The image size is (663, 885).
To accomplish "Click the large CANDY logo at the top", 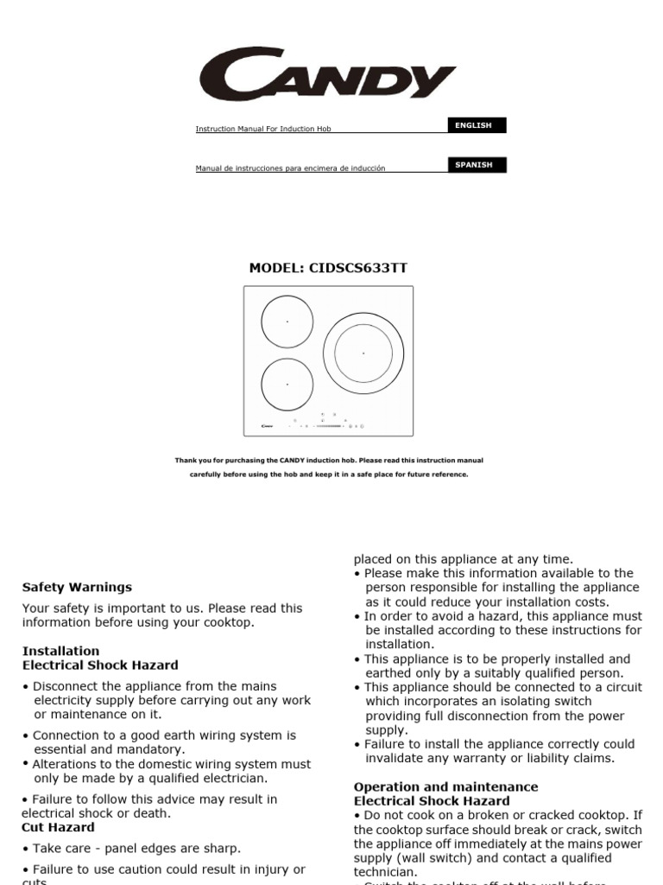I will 327,75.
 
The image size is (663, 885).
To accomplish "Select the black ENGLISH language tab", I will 473,125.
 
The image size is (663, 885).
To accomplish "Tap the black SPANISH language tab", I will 473,165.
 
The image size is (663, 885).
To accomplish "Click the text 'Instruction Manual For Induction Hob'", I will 263,130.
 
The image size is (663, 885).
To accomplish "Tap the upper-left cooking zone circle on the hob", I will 287,321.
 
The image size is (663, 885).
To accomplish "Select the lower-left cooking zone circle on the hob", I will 287,384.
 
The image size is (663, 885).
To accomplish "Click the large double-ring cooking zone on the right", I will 363,353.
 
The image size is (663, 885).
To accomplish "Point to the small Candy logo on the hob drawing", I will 267,425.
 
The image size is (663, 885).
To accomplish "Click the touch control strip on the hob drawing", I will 335,425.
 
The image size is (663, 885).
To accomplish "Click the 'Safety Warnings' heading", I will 77,587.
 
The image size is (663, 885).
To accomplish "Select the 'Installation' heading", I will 60,651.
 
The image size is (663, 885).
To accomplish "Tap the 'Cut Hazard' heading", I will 59,827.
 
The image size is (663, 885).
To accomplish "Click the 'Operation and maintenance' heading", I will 445,786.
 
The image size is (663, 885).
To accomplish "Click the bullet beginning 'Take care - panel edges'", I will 136,849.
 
